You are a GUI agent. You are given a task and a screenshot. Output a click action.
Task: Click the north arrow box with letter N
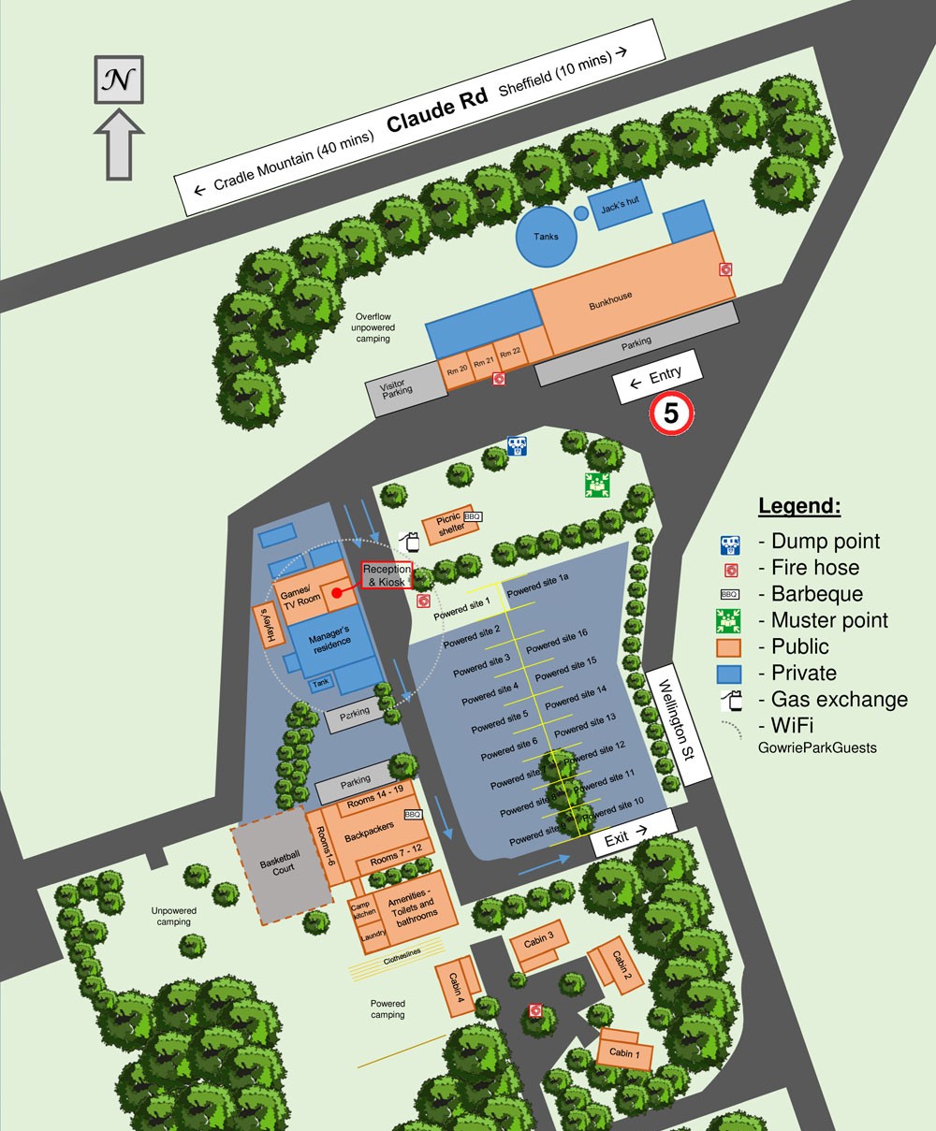point(120,79)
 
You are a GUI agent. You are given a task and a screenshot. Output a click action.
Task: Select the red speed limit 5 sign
point(671,413)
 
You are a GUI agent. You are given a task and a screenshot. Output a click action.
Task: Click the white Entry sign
point(656,376)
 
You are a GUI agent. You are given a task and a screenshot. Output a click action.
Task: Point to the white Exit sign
point(633,833)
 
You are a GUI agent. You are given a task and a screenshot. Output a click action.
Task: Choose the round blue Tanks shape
point(546,236)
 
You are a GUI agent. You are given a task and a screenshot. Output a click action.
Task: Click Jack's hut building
point(619,210)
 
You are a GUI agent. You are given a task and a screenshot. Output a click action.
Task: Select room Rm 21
point(483,363)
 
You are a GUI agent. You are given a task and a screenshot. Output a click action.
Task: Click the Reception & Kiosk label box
point(388,575)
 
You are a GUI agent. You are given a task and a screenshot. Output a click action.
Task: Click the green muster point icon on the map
point(595,485)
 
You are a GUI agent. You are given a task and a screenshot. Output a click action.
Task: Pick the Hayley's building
point(265,624)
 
